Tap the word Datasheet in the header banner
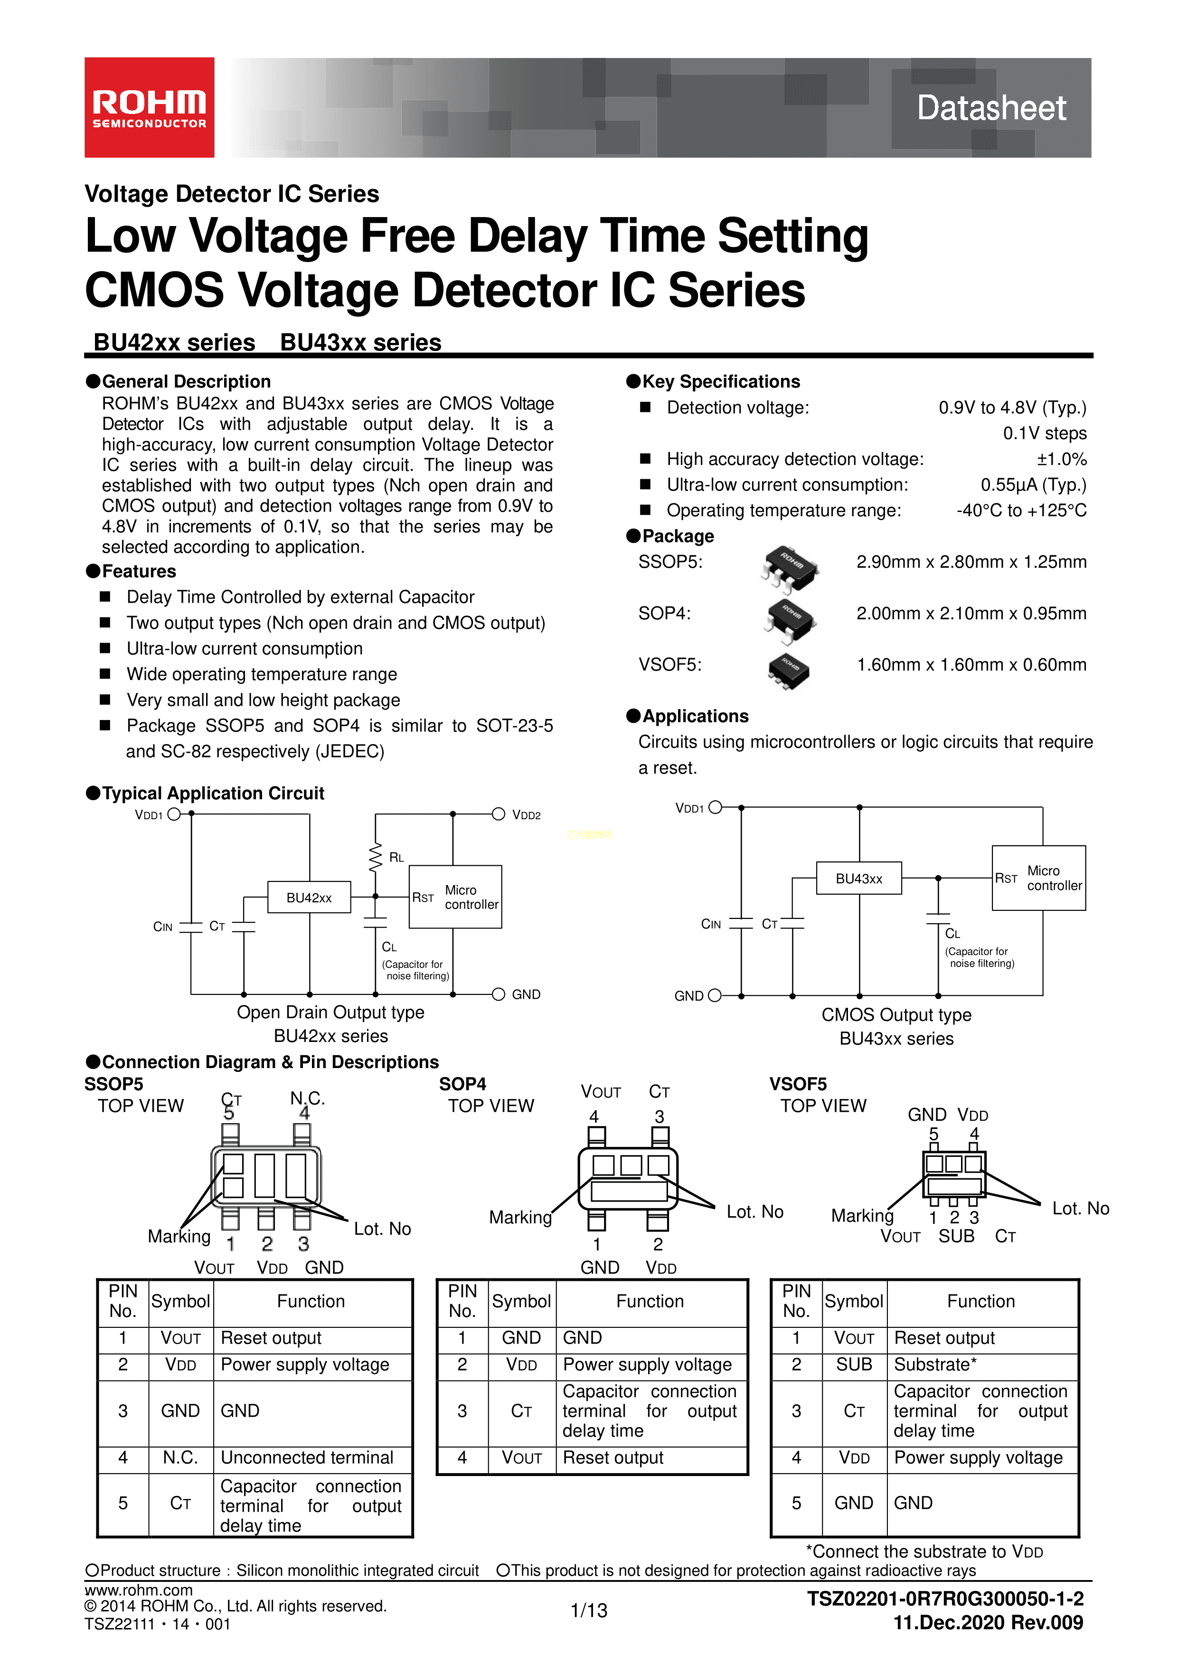point(991,108)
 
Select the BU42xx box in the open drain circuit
point(309,898)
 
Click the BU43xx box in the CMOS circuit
point(859,879)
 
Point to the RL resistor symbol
point(375,857)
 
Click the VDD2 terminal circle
point(499,814)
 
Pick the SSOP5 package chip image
point(790,568)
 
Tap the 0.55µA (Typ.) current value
point(1033,485)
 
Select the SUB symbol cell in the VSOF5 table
point(854,1365)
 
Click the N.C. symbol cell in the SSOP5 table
point(180,1458)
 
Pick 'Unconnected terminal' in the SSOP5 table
point(307,1458)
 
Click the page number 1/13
point(589,1611)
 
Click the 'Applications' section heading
point(695,716)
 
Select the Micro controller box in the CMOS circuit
point(1039,878)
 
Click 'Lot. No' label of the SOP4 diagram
point(754,1212)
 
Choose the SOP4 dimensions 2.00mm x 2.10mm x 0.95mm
point(971,614)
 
